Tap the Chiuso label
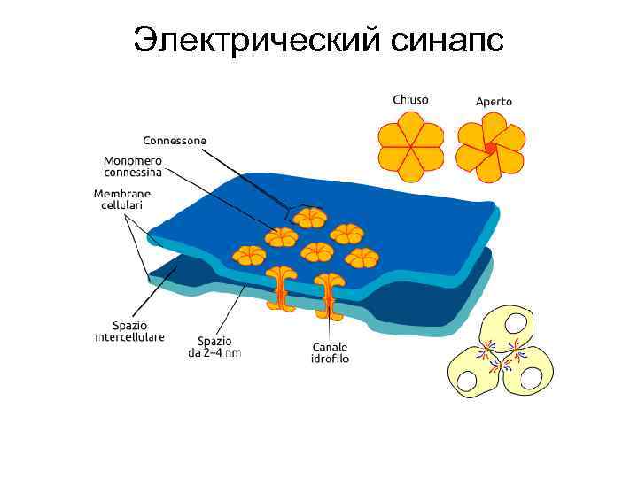[x=410, y=100]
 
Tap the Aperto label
[x=494, y=102]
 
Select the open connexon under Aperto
[x=490, y=148]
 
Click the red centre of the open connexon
[x=490, y=148]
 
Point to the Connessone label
[x=175, y=141]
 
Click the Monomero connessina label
[x=133, y=166]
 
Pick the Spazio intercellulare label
[x=131, y=331]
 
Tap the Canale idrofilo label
[x=331, y=352]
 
